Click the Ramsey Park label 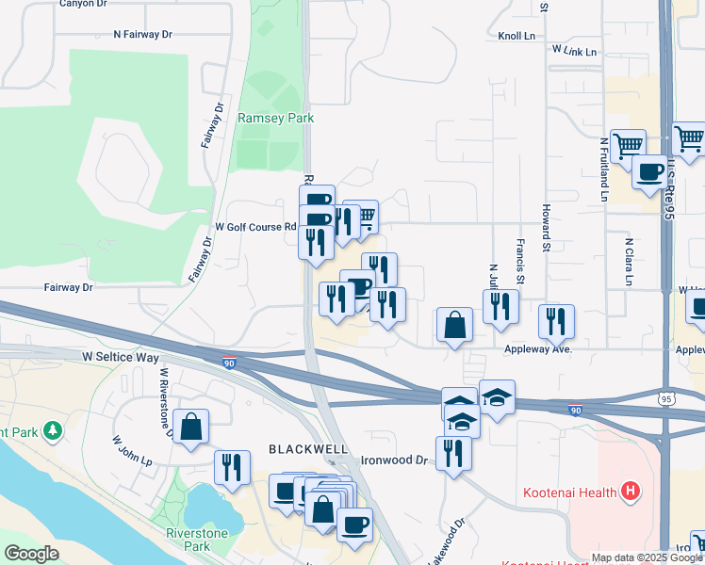[275, 118]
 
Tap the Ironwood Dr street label [394, 461]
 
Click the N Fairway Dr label [142, 34]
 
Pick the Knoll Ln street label [516, 37]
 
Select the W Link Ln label [575, 51]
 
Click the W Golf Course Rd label [255, 227]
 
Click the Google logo [32, 554]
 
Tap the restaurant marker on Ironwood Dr [453, 454]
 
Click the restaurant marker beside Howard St [556, 321]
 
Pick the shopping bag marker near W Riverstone [190, 427]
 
